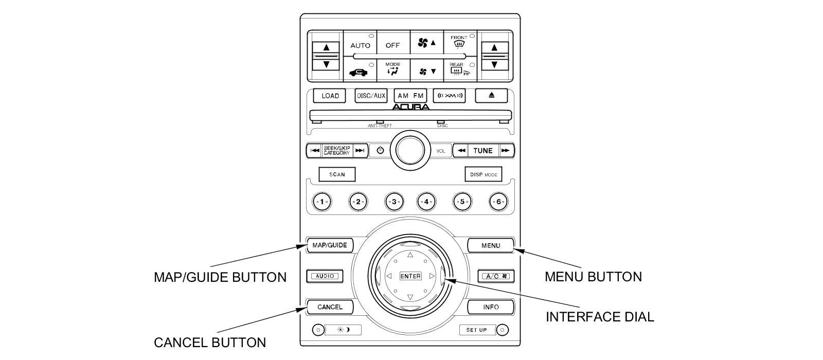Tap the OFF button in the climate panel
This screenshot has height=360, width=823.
pos(392,45)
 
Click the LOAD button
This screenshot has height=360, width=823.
pos(330,96)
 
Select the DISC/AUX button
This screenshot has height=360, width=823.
pos(371,96)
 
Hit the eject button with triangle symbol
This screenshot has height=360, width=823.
pos(491,96)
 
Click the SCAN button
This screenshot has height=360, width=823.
pos(337,174)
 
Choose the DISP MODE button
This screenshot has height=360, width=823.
pos(483,174)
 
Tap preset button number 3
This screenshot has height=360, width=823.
pos(393,202)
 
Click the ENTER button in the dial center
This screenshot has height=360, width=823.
pos(410,276)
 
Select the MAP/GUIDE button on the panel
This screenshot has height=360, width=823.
pos(330,245)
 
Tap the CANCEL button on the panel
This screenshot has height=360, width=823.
pos(330,307)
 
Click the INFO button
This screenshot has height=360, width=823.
pos(491,307)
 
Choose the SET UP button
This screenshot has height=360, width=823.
pos(477,330)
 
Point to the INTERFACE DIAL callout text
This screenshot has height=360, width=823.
pos(600,317)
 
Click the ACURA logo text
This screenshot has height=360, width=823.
pos(411,107)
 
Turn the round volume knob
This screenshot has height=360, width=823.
pos(410,150)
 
